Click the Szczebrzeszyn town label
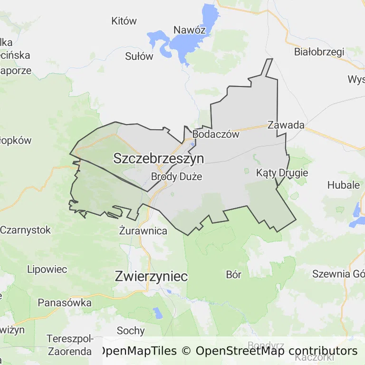point(158,159)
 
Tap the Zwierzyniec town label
point(151,277)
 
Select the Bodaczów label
point(216,134)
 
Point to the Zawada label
point(286,125)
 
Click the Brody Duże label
point(176,177)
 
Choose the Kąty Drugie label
point(282,173)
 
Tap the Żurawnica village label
point(143,231)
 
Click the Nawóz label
point(189,30)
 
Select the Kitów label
point(124,21)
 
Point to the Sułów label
point(139,56)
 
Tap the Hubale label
point(344,185)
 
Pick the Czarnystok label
point(25,230)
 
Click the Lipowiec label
point(47,269)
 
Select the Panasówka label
point(64,302)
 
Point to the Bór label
point(234,274)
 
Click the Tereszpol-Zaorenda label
point(69,345)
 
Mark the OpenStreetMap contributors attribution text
point(276,351)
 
